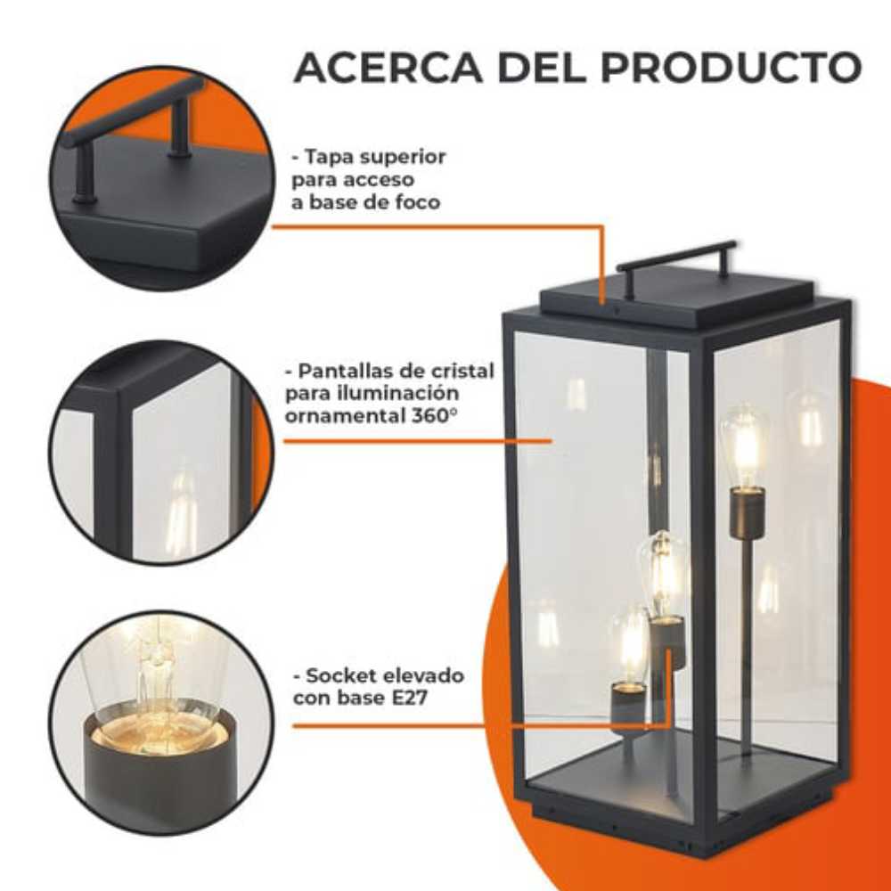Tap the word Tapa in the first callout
[x=326, y=158]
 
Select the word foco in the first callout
[x=419, y=202]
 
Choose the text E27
[x=407, y=698]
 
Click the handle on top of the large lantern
[x=677, y=255]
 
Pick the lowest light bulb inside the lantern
[x=630, y=644]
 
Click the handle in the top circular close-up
[x=134, y=116]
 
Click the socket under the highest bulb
[x=747, y=513]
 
